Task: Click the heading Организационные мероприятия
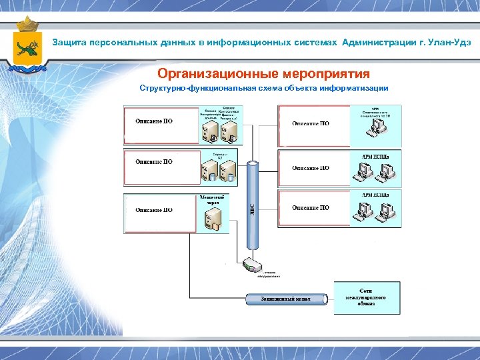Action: (x=263, y=73)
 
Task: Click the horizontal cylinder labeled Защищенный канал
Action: (x=287, y=299)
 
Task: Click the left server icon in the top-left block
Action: (x=211, y=130)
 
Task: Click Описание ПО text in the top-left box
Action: (x=154, y=121)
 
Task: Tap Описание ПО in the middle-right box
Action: (x=311, y=168)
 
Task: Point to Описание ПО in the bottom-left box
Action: (x=154, y=210)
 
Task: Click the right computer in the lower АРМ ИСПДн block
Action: (x=385, y=213)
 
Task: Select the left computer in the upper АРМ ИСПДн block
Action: (x=364, y=172)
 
